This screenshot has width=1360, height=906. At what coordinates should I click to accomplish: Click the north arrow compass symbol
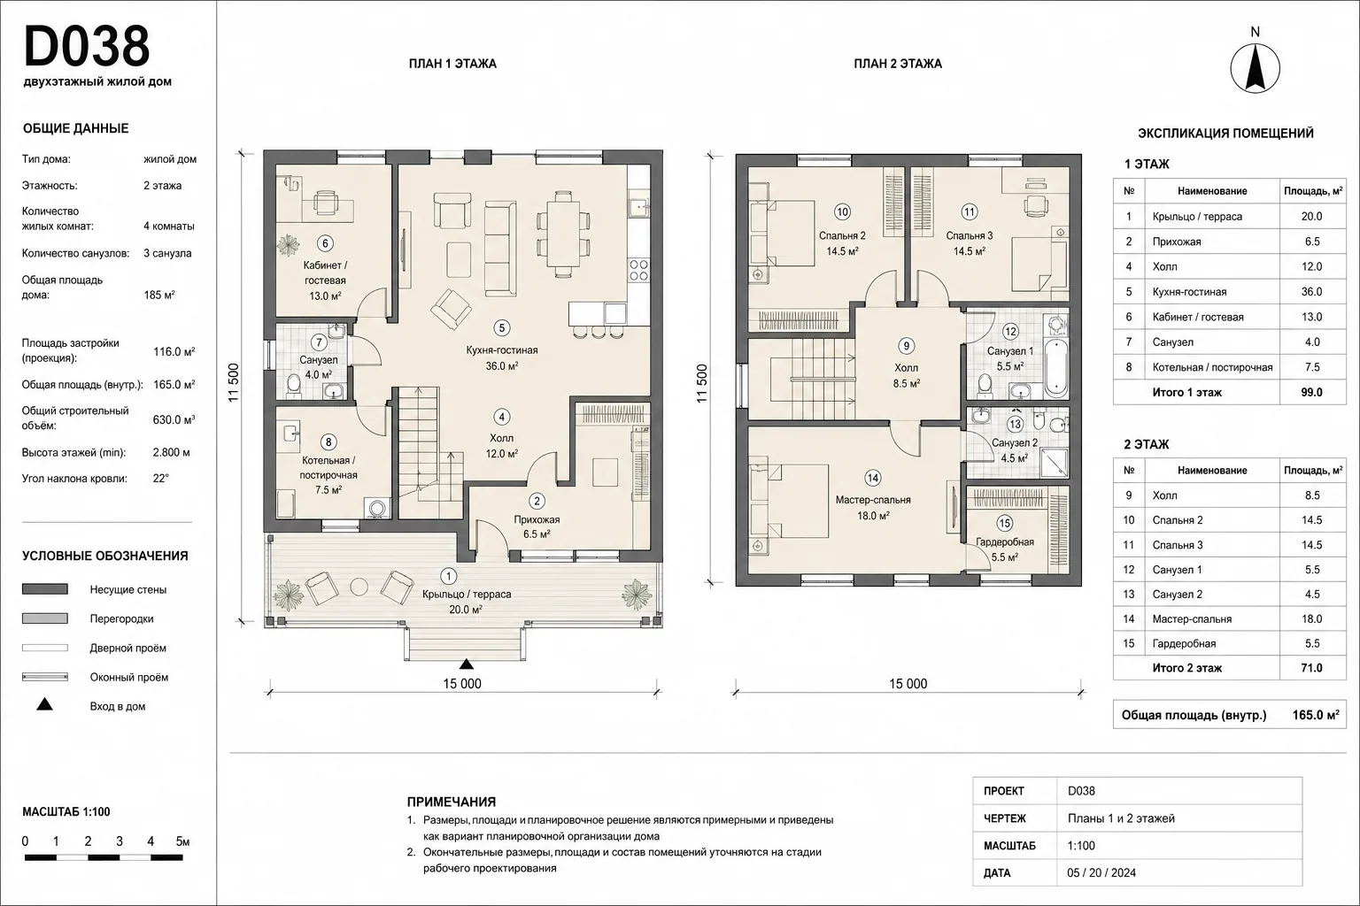tap(1255, 69)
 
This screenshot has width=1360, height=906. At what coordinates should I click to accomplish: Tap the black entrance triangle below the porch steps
tap(466, 664)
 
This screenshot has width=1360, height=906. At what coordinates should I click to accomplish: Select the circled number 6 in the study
tap(326, 243)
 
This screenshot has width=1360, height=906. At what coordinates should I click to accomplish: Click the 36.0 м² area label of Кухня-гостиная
tap(501, 366)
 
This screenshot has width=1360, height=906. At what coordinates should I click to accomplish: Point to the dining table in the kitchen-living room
tap(563, 234)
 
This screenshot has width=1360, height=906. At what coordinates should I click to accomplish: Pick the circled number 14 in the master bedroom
tap(873, 478)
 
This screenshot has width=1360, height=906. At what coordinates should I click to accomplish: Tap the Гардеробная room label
tap(1005, 541)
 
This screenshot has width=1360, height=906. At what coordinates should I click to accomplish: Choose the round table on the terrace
tap(359, 587)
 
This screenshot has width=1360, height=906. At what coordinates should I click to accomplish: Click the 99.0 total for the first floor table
tap(1311, 392)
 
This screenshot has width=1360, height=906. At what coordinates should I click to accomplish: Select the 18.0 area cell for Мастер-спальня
tap(1311, 619)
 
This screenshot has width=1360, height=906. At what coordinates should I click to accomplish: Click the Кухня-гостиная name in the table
tap(1189, 292)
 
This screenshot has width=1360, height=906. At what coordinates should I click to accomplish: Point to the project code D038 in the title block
tap(1081, 791)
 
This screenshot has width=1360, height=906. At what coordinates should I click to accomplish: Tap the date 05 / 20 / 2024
tap(1101, 872)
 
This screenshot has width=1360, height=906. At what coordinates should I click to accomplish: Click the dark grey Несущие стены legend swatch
tap(45, 589)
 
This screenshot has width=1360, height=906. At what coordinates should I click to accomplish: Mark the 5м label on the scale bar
tap(182, 841)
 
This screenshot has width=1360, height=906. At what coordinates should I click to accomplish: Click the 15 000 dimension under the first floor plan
tap(462, 684)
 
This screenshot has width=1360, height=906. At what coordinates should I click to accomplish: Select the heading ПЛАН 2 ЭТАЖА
tap(898, 64)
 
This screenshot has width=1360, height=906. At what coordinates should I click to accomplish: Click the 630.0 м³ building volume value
tap(174, 419)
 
